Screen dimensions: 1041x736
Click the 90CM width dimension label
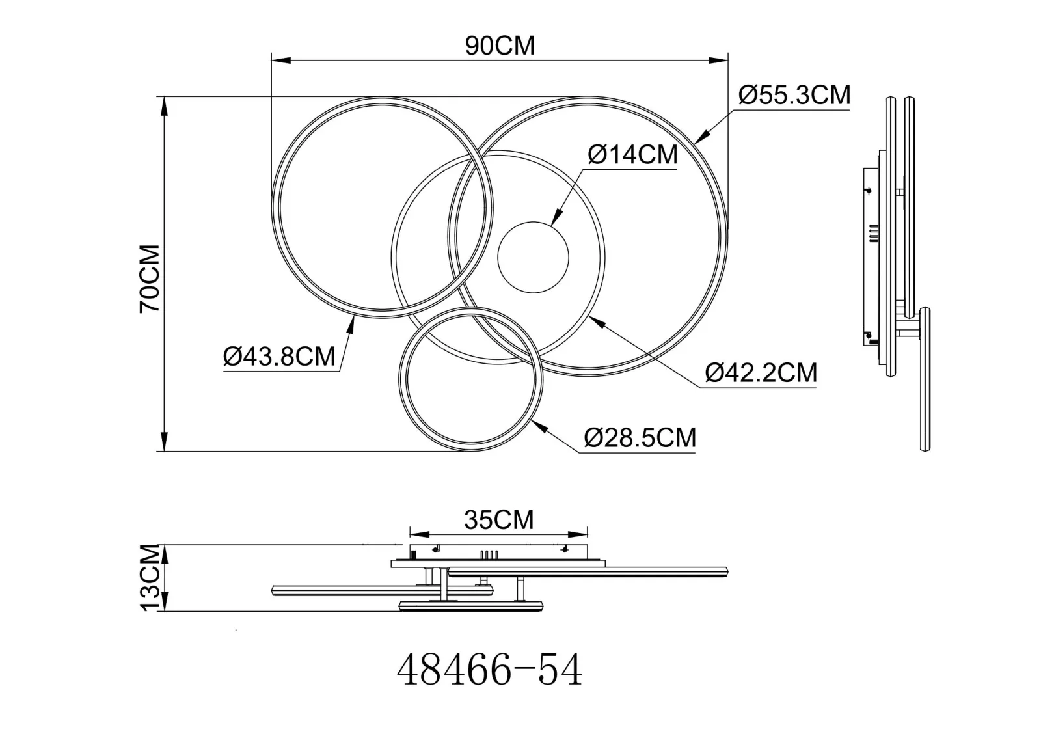coord(500,46)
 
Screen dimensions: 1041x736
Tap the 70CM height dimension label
coord(150,279)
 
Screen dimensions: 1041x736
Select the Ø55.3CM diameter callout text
coord(794,95)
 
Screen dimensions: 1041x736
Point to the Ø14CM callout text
coord(632,154)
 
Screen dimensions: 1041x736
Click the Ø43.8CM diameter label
coord(279,357)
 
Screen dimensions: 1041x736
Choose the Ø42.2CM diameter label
coord(761,372)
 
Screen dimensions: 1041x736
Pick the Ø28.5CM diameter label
coord(640,437)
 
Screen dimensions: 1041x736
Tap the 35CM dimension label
coord(498,520)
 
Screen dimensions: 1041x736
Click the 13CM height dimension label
coord(150,577)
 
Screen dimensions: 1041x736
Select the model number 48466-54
coord(490,670)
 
